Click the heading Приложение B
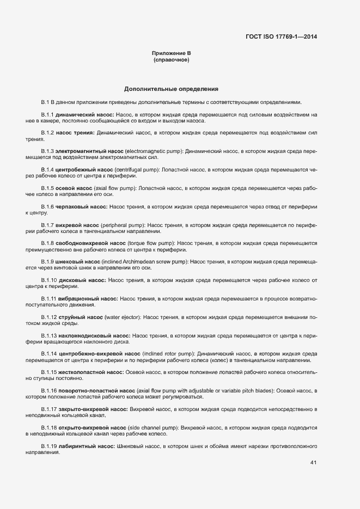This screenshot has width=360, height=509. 171,53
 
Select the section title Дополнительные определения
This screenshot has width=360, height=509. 171,88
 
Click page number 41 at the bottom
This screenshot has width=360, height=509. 313,463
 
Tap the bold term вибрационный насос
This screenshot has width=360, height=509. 87,299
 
